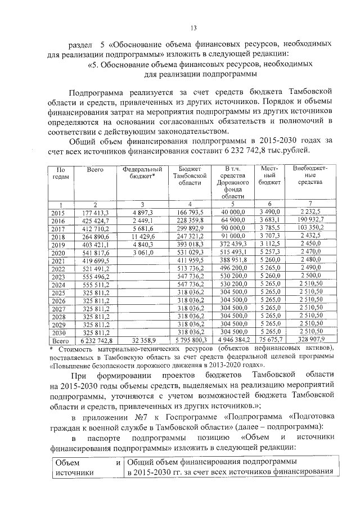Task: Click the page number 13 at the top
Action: [x=193, y=28]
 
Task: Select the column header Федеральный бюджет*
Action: [x=142, y=172]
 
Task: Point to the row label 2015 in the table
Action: [x=58, y=213]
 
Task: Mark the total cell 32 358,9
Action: [x=143, y=340]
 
